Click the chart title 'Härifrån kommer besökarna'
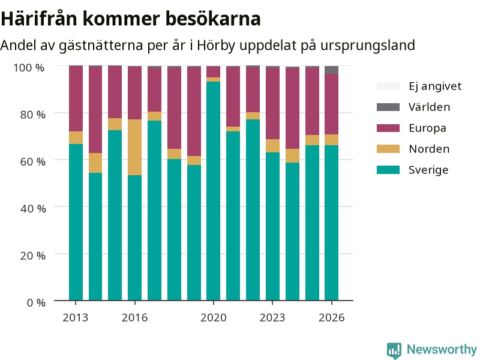[x=131, y=19]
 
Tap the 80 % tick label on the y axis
[x=33, y=115]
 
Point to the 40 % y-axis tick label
[x=33, y=209]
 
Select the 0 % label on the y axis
[x=36, y=303]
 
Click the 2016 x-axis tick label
[x=134, y=318]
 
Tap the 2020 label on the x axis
[x=214, y=318]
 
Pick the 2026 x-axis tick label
[x=332, y=318]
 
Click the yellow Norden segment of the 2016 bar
[x=134, y=147]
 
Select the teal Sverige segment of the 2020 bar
[x=214, y=191]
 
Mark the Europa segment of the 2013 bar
[x=76, y=98]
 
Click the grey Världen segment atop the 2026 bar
[x=332, y=70]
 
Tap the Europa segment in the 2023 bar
[x=272, y=103]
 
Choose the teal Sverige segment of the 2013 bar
[x=76, y=222]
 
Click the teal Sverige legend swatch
[x=388, y=170]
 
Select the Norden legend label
[x=429, y=149]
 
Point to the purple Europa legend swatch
[x=388, y=128]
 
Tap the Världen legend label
[x=430, y=107]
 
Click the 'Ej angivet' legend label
[x=435, y=86]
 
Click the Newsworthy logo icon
[x=394, y=350]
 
